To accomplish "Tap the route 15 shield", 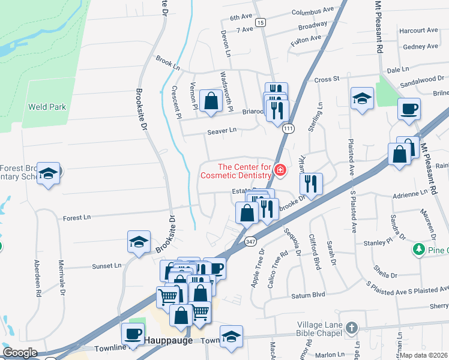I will coord(259,22).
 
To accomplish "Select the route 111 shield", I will coord(289,128).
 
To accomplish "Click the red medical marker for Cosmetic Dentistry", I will coord(279,171).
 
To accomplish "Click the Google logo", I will coord(20,353).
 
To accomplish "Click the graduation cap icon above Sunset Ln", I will coord(139,242).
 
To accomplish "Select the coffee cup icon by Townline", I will coord(133,334).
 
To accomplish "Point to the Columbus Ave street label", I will coord(313,11).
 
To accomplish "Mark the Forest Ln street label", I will coord(76,217).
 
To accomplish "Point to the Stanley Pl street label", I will coord(378,242).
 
